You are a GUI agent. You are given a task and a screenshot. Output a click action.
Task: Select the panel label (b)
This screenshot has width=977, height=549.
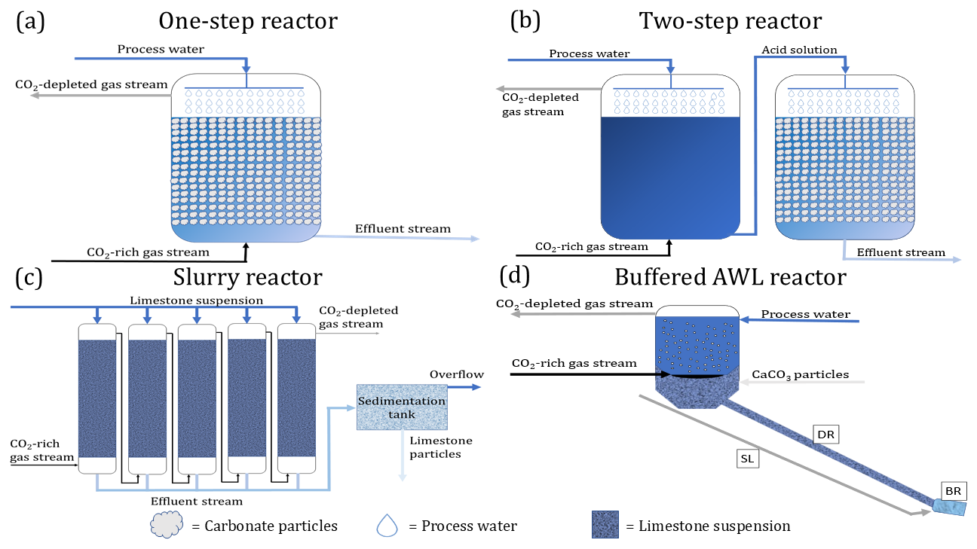click(x=525, y=20)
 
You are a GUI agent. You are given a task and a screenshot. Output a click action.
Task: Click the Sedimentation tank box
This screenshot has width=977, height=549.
click(x=401, y=407)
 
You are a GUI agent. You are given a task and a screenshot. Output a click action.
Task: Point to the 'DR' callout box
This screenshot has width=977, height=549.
click(x=827, y=435)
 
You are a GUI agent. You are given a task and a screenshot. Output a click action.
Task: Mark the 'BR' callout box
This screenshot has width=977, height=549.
click(x=953, y=490)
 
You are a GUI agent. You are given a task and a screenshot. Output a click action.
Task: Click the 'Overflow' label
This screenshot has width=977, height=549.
click(x=457, y=374)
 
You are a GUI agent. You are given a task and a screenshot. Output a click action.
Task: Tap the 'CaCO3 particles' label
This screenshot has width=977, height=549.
click(x=801, y=374)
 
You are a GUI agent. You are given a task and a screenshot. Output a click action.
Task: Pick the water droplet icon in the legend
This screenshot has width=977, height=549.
click(x=387, y=525)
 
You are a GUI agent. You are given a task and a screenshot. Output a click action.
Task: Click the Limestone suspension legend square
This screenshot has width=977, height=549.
click(x=605, y=525)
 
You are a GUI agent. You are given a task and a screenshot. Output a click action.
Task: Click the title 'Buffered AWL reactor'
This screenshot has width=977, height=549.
click(x=730, y=277)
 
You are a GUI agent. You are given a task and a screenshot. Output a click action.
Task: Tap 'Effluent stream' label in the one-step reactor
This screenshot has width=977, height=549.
click(x=403, y=228)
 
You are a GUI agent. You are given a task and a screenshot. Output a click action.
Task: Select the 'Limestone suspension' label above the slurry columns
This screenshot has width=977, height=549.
click(x=196, y=300)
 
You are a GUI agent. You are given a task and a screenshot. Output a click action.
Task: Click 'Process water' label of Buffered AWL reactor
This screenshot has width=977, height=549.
click(x=805, y=314)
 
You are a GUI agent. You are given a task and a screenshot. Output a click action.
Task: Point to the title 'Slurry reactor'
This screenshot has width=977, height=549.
click(x=247, y=277)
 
